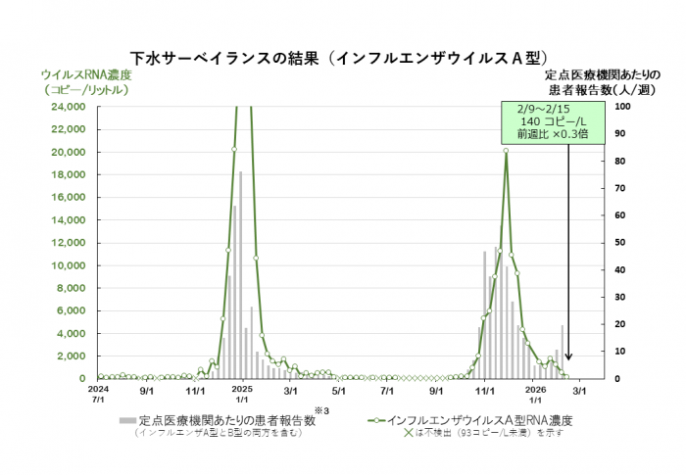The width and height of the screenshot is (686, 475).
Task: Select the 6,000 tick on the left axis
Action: coord(69,310)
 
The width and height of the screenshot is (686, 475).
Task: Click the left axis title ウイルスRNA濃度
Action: coord(84,74)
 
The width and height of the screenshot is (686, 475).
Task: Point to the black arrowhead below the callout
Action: coord(567,370)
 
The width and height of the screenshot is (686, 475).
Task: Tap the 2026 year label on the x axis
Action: coord(534,389)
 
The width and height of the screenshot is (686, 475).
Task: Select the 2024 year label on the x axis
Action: coord(98,389)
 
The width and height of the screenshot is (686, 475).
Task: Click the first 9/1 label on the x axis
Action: coord(147,389)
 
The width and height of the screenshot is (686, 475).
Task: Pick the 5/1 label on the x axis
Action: coord(339,389)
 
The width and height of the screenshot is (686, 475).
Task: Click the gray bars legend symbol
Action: coord(126,420)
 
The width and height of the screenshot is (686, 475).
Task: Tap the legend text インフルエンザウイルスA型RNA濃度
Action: coord(480,420)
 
